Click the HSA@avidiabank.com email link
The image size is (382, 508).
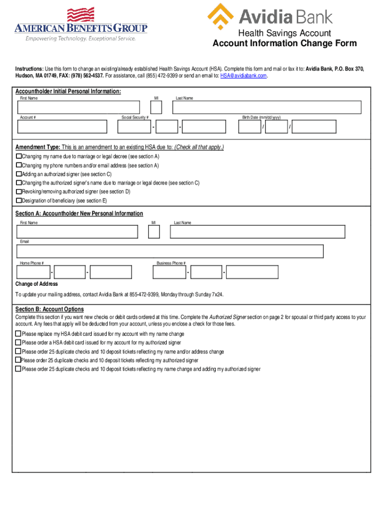pos(244,75)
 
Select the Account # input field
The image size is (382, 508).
pos(62,127)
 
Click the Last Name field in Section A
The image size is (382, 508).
pos(258,232)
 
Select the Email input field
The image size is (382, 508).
pos(170,252)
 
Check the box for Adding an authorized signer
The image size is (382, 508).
pos(19,174)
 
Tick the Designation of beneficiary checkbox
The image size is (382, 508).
pos(19,201)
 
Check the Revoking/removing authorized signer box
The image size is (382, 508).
pos(19,191)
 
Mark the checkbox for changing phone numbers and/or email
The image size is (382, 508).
pos(19,165)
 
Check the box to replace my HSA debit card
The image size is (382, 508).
pos(18,334)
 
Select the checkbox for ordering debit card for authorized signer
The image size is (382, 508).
pos(18,342)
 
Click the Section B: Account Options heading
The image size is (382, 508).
pos(50,309)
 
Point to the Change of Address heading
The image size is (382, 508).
pos(37,284)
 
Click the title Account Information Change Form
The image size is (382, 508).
pos(284,44)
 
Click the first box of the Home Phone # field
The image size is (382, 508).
pos(33,272)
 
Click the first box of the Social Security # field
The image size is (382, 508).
pos(134,127)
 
